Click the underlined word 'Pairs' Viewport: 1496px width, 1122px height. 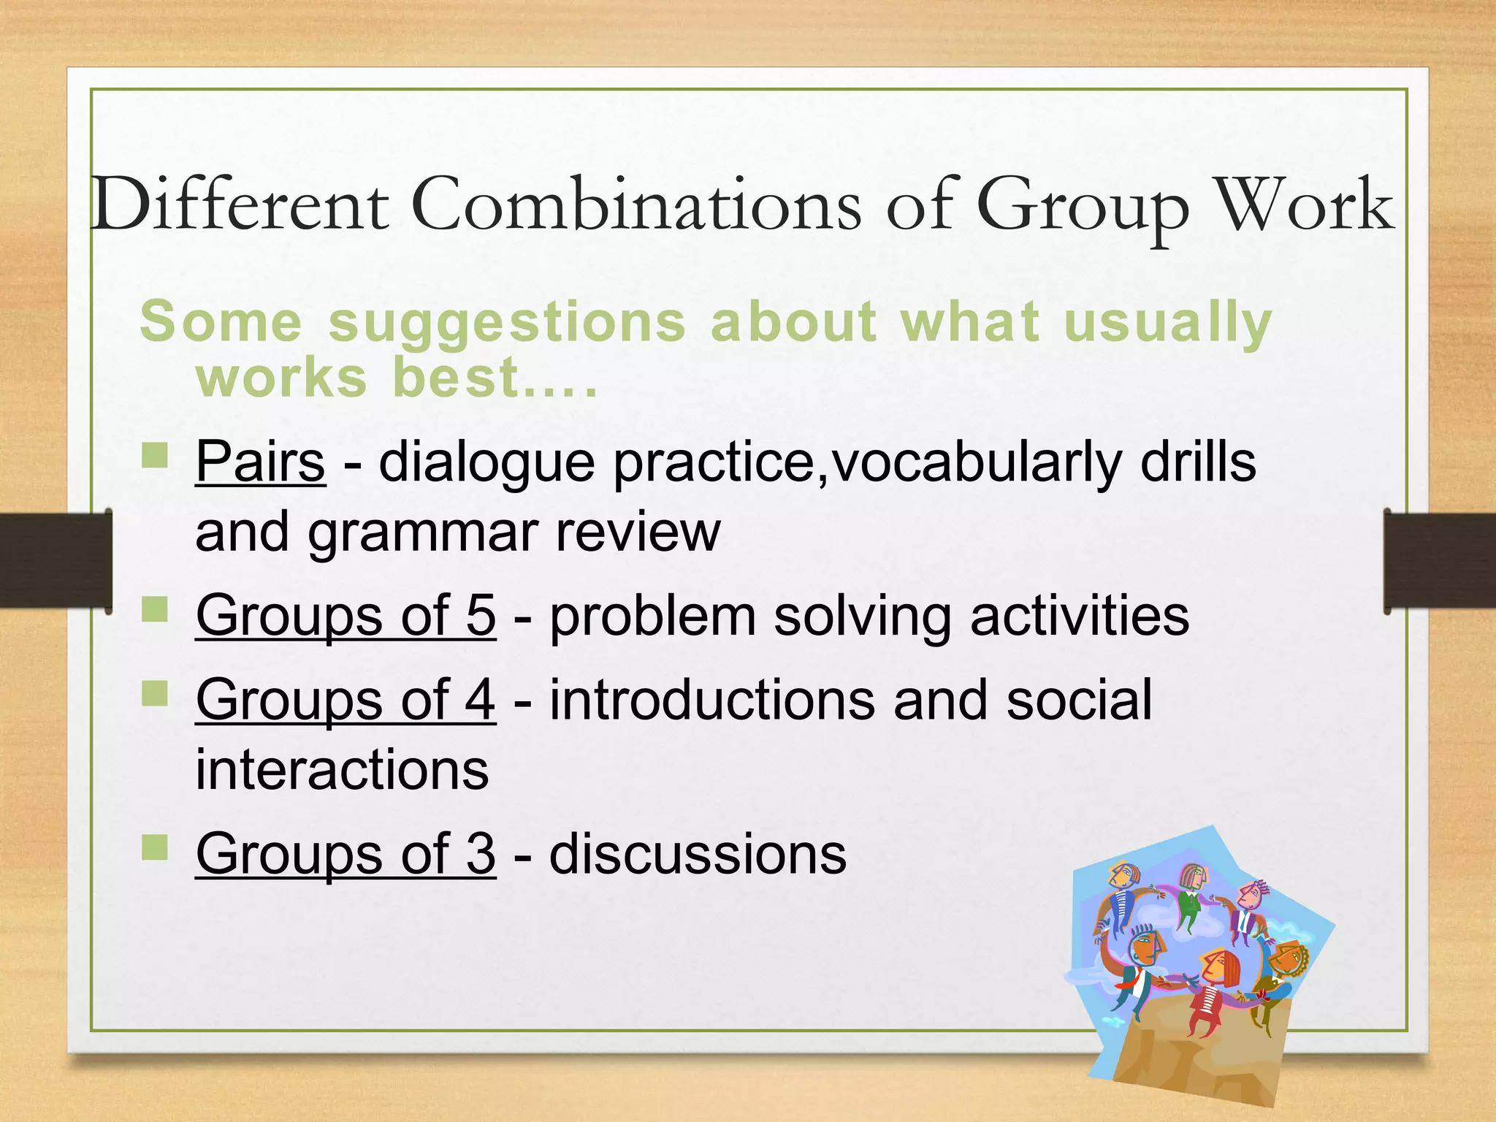(x=260, y=462)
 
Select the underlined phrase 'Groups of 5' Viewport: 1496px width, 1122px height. (x=346, y=616)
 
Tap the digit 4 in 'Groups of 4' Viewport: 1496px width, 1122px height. (x=480, y=700)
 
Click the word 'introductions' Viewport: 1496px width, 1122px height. (x=712, y=700)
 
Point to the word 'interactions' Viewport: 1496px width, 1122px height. (x=342, y=769)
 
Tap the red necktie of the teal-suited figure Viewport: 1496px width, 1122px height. (x=1129, y=982)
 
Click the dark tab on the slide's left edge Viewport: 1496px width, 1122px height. (x=55, y=560)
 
